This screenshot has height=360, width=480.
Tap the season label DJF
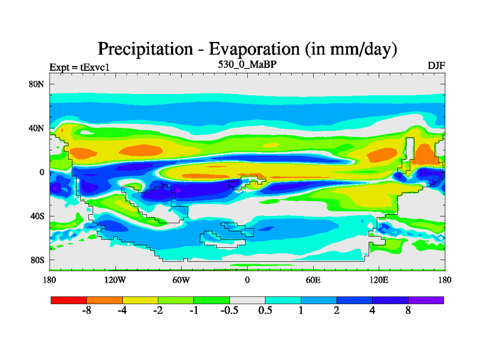click(436, 65)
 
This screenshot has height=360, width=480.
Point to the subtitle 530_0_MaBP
click(247, 62)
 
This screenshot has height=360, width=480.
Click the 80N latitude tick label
click(37, 84)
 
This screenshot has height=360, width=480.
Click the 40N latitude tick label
click(37, 128)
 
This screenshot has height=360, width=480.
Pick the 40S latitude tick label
click(37, 216)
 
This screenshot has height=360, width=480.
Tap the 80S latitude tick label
click(37, 260)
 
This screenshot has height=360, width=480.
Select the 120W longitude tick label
click(115, 280)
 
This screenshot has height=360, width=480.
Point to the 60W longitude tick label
click(181, 280)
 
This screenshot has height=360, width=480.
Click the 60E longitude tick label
click(313, 280)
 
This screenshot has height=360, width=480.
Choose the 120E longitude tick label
click(379, 280)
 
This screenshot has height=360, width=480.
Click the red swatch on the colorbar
click(69, 299)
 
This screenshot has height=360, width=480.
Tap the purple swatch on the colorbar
click(426, 299)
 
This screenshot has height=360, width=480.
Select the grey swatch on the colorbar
click(247, 299)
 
